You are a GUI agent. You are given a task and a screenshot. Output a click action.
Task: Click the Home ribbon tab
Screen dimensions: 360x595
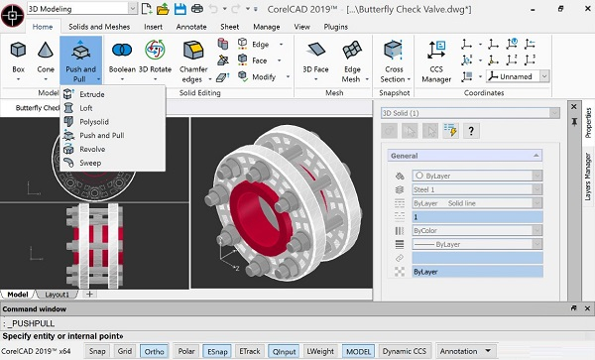pos(43,27)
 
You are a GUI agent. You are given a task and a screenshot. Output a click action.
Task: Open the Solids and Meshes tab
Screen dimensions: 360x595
pos(98,27)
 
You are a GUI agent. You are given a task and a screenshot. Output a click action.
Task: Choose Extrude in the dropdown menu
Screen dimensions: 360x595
pos(92,94)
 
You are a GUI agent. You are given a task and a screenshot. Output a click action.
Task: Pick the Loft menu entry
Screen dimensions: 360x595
pos(87,108)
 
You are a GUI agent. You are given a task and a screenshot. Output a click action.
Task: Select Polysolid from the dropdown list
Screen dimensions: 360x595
pos(94,121)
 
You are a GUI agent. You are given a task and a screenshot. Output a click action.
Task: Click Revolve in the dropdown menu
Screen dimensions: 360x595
pos(92,149)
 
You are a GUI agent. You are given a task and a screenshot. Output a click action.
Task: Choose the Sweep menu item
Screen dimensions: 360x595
pos(90,163)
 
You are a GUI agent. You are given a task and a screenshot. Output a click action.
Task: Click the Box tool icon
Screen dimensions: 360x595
pos(19,57)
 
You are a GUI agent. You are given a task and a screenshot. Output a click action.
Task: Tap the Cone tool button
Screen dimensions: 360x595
pos(46,57)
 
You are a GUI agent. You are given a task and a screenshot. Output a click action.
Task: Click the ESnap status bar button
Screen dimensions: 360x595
pos(216,350)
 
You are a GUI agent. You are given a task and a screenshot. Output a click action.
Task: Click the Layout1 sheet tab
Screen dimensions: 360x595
pos(57,295)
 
